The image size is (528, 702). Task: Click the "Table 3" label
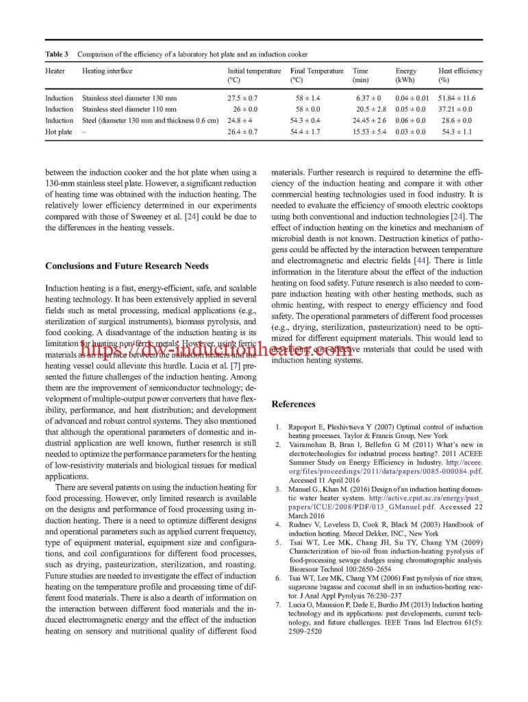click(56, 54)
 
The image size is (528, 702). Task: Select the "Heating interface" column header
click(107, 71)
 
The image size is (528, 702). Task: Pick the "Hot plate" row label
click(58, 132)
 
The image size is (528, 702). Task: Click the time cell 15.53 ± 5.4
click(369, 132)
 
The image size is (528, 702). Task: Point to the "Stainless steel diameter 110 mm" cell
click(129, 109)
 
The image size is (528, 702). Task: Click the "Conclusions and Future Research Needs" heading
click(127, 266)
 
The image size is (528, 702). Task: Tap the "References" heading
click(293, 404)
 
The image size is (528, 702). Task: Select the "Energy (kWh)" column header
click(406, 75)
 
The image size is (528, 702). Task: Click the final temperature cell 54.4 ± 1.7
click(305, 132)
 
